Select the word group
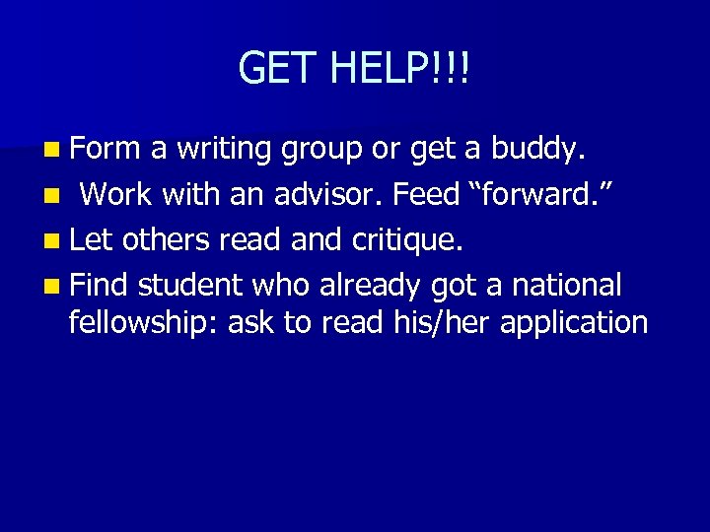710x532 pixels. [x=324, y=151]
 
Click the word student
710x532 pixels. [x=191, y=285]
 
